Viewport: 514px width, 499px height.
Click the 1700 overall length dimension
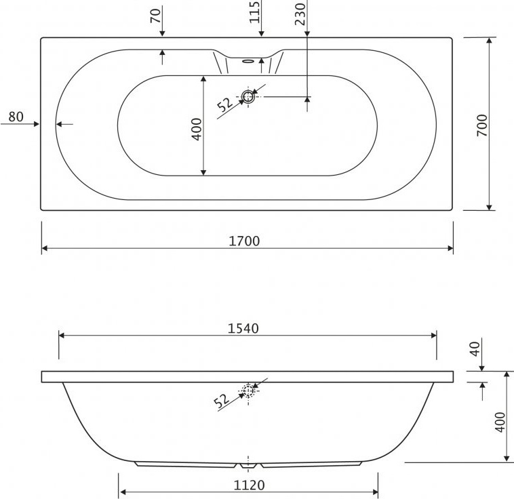click(x=244, y=241)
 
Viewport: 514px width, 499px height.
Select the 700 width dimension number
click(x=482, y=125)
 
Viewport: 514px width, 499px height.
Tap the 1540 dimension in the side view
click(x=243, y=328)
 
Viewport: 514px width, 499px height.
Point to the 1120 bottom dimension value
click(x=249, y=485)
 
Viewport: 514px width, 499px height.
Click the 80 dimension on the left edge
click(x=16, y=117)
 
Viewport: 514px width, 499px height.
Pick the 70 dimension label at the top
click(x=156, y=16)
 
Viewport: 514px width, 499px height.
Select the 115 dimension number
click(x=255, y=12)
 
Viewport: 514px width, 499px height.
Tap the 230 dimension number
click(x=300, y=14)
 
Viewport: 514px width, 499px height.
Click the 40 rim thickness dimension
click(x=475, y=349)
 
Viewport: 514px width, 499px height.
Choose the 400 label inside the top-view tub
click(x=197, y=129)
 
